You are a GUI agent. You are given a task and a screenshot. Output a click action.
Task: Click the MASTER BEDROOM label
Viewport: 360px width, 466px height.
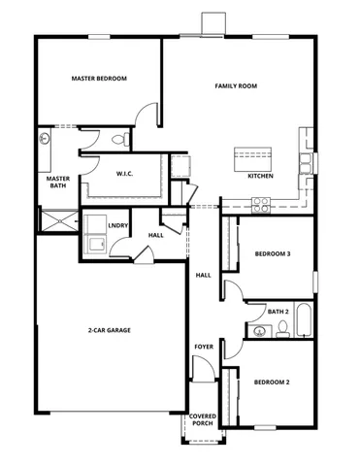[99, 79]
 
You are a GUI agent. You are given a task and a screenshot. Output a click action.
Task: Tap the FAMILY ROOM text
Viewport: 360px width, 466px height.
[235, 86]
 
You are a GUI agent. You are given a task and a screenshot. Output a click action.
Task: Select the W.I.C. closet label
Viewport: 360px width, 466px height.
[124, 175]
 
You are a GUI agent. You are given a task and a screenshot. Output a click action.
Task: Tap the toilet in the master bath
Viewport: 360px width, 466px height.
[119, 141]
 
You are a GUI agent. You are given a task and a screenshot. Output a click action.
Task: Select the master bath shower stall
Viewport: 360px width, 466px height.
[57, 221]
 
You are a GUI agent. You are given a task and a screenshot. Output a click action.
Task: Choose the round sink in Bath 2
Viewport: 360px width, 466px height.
[259, 332]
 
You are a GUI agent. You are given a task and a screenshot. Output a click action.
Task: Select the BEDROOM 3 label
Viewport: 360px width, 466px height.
[273, 254]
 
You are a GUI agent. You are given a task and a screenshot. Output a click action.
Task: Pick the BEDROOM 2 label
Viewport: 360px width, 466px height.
[272, 382]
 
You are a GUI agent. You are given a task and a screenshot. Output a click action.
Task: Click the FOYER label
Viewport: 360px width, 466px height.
[204, 346]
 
